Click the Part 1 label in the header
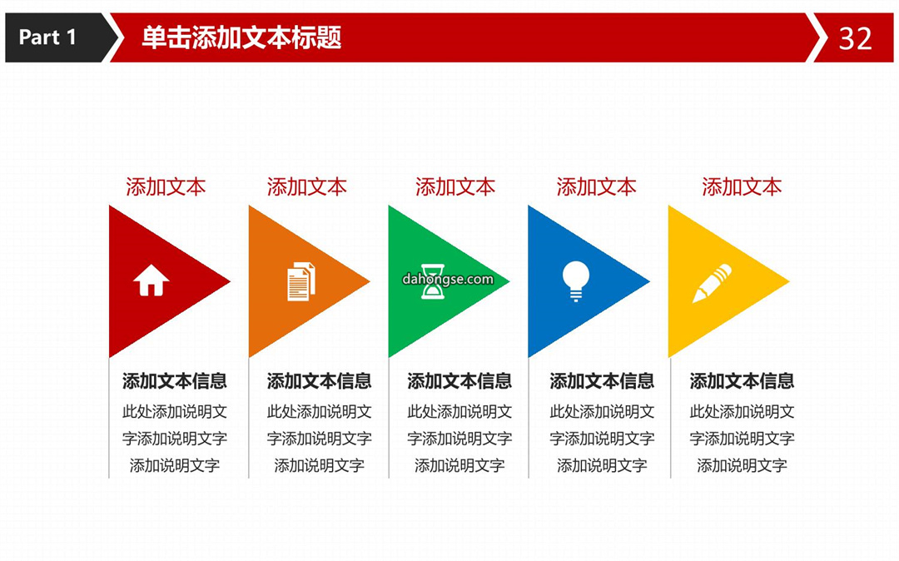(x=47, y=37)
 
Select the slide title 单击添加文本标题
(x=241, y=37)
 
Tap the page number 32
(x=855, y=39)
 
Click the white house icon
(x=151, y=280)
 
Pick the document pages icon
(x=301, y=281)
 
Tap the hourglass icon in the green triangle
(x=433, y=281)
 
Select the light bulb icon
(x=576, y=280)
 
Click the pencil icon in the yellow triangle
(x=712, y=283)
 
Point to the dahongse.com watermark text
(x=448, y=279)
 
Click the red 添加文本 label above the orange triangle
(x=306, y=186)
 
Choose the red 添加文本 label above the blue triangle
(x=596, y=186)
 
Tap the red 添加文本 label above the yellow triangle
(x=742, y=186)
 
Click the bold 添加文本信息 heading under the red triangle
(x=174, y=381)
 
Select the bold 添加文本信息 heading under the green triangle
(x=459, y=381)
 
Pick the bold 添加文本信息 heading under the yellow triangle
(x=742, y=381)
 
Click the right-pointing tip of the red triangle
(x=231, y=281)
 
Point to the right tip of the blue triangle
(x=650, y=281)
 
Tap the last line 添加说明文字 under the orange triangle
(x=320, y=465)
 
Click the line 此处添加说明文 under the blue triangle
(x=602, y=411)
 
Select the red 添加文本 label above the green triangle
(x=455, y=186)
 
